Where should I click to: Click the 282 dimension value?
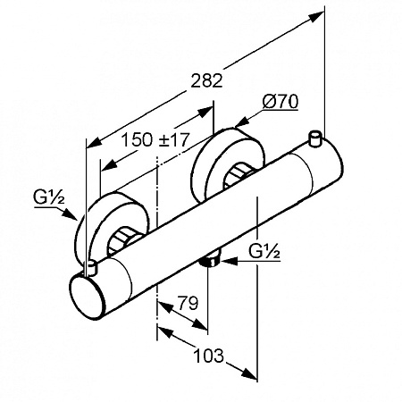206,80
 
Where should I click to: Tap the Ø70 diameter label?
281,102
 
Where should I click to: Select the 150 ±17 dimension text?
155,139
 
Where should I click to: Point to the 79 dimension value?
188,303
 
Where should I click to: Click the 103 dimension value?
208,356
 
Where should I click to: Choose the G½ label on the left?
49,198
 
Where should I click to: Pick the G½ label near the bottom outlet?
264,252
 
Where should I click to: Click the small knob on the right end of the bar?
315,138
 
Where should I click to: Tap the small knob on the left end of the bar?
90,268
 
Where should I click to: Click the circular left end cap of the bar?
88,297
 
